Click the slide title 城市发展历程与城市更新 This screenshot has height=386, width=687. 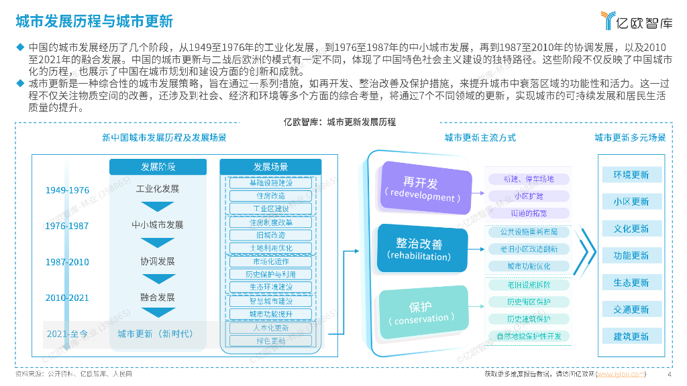point(95,21)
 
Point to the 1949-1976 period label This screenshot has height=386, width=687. point(67,190)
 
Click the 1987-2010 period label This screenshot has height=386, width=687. point(67,262)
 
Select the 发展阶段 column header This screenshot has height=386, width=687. point(158,167)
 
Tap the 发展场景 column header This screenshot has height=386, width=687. point(270,167)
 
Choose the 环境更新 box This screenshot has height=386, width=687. point(631,175)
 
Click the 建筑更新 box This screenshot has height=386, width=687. point(631,336)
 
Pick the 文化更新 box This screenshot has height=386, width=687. point(631,229)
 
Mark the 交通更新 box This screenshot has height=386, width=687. point(631,310)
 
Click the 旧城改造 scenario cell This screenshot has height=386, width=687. point(271,235)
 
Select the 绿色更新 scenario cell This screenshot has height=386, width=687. point(271,341)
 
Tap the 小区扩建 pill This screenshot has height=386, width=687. point(529,196)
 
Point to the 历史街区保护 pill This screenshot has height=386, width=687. point(529,302)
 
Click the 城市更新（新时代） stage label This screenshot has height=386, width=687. point(155,333)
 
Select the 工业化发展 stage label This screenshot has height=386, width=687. point(158,189)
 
